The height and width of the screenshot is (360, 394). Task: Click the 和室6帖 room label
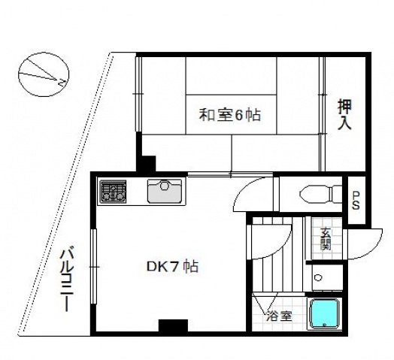(x=229, y=115)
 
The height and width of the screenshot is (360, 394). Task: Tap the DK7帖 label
(x=172, y=267)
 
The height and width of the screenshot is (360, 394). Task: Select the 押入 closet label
(x=344, y=114)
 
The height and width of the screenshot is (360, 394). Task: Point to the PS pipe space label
(x=356, y=201)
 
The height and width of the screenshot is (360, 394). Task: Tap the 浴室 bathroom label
(x=280, y=316)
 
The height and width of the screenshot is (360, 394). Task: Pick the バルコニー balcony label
(x=67, y=280)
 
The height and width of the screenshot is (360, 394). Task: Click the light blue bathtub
(x=324, y=313)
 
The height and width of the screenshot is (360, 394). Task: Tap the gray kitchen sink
(x=165, y=191)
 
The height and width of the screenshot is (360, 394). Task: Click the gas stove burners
(x=113, y=192)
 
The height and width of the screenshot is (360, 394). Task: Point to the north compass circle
(x=44, y=74)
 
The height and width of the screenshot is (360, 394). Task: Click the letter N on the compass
(x=62, y=83)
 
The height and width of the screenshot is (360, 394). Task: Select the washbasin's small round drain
(x=318, y=278)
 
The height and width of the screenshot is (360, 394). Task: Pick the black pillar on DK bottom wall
(x=173, y=326)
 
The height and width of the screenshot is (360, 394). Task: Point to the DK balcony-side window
(x=93, y=266)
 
